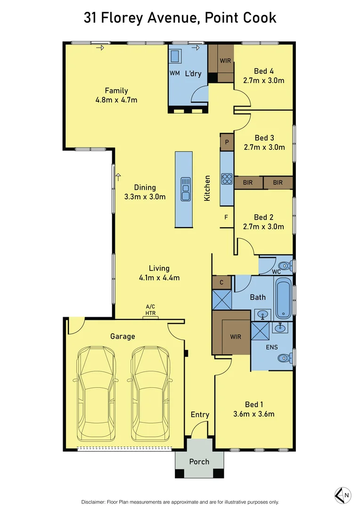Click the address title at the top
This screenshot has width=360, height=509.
pyautogui.click(x=180, y=17)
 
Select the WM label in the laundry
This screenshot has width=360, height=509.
pyautogui.click(x=175, y=74)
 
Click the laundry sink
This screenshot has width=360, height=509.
pyautogui.click(x=176, y=57)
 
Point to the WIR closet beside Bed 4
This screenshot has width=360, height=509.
pyautogui.click(x=225, y=61)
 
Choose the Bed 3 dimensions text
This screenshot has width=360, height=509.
pyautogui.click(x=264, y=147)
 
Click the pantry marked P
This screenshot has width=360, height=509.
pyautogui.click(x=227, y=142)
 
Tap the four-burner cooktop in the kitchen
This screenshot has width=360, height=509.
pyautogui.click(x=227, y=179)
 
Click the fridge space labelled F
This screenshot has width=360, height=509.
pyautogui.click(x=226, y=217)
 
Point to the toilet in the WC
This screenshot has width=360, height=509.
pyautogui.click(x=286, y=265)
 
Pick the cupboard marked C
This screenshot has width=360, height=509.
pyautogui.click(x=221, y=283)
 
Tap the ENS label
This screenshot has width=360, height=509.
pyautogui.click(x=272, y=347)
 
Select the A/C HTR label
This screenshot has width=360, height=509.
pyautogui.click(x=151, y=310)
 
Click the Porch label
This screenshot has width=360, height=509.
pyautogui.click(x=199, y=461)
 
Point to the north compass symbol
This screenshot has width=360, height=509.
pyautogui.click(x=343, y=494)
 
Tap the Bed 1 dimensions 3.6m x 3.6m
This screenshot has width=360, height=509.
pyautogui.click(x=254, y=414)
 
